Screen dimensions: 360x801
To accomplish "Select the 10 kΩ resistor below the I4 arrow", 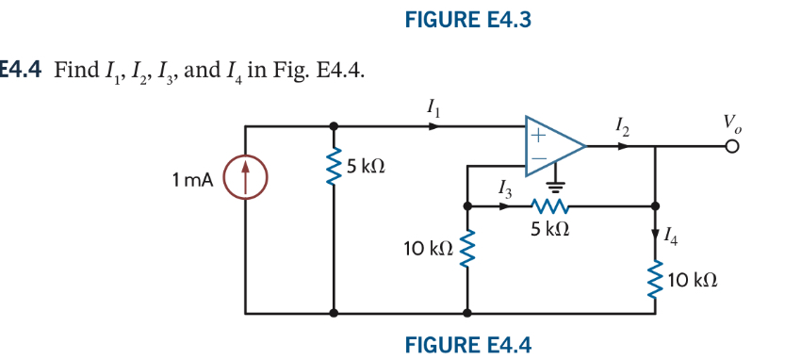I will click(x=655, y=281).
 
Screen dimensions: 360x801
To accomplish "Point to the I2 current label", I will click(x=621, y=125).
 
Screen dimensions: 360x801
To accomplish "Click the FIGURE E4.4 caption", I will click(x=467, y=344).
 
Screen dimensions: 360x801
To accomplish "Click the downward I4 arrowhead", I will click(x=655, y=235).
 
